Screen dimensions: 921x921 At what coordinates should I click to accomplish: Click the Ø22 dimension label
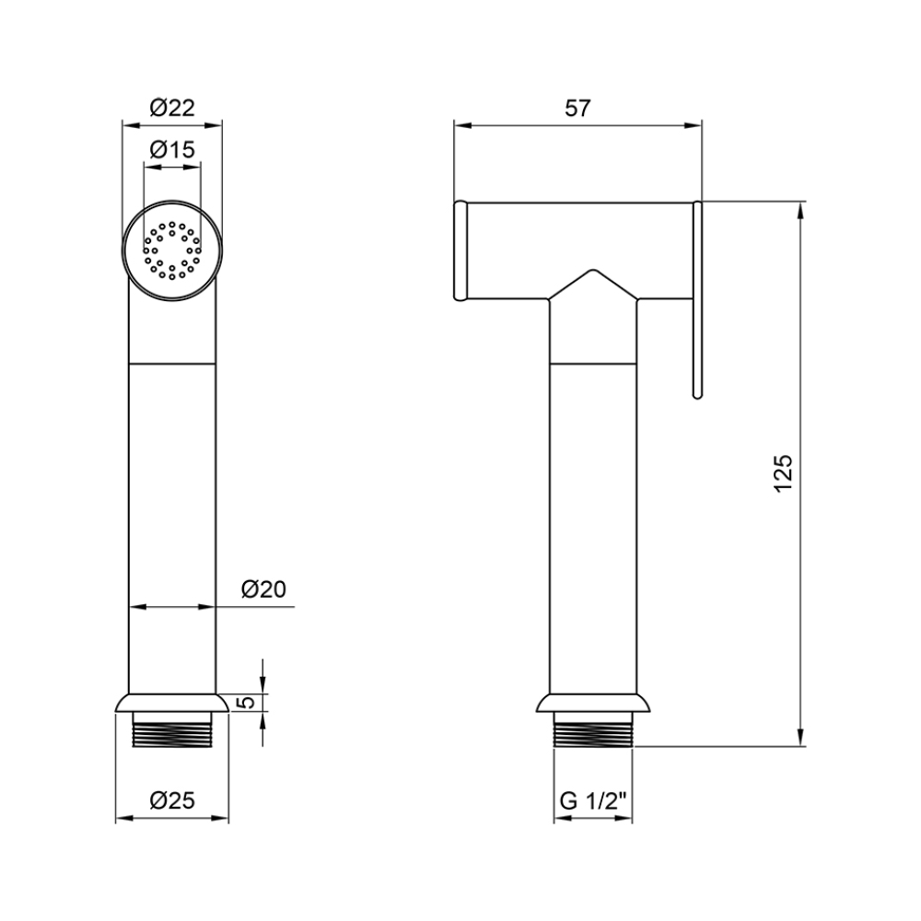172,108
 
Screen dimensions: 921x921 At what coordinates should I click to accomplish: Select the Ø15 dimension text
172,150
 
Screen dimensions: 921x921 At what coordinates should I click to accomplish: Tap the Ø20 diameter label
263,589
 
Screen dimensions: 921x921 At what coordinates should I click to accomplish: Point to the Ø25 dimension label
172,800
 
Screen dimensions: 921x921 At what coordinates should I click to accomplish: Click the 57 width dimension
577,108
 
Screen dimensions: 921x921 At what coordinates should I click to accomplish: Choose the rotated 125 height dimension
784,473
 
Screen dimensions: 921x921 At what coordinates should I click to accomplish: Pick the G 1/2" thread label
593,800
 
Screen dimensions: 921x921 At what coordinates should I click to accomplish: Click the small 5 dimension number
248,702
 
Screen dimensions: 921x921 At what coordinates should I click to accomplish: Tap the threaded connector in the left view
172,730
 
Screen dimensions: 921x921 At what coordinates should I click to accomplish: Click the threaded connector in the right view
593,730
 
